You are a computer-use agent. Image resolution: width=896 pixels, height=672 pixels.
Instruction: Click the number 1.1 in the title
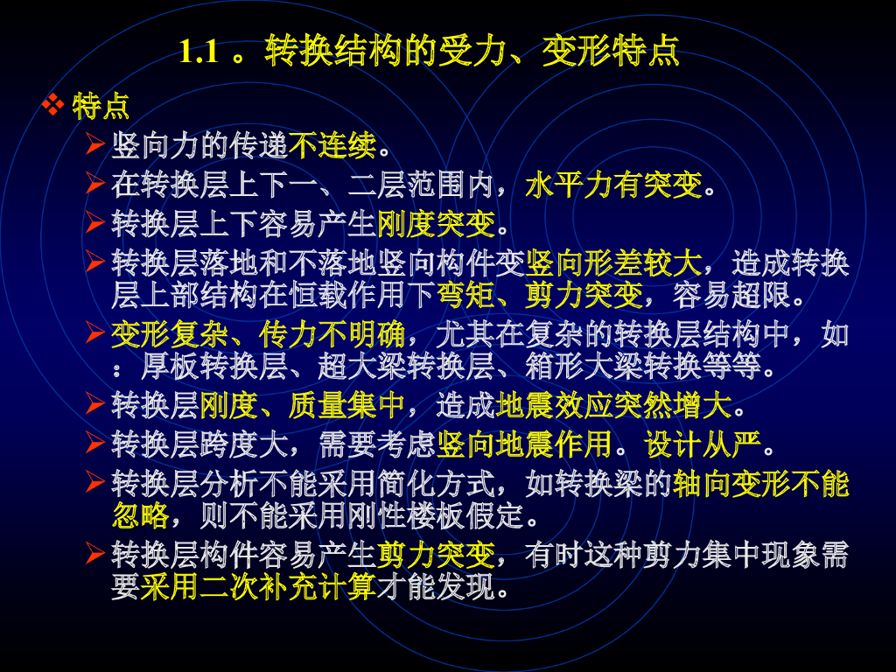(x=199, y=51)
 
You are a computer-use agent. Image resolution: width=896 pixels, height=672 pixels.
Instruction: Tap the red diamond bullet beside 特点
(x=53, y=105)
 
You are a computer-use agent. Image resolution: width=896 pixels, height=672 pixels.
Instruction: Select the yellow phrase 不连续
(x=332, y=146)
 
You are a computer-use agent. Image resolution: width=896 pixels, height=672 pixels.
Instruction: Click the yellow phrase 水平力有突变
(x=613, y=185)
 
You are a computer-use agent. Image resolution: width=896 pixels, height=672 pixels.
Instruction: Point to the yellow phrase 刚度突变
(x=436, y=223)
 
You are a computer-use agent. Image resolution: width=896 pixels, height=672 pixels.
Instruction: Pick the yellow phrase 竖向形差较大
(x=613, y=262)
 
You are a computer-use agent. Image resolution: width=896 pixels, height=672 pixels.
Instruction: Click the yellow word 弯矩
(x=465, y=295)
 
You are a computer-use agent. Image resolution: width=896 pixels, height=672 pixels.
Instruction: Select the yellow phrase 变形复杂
(x=170, y=334)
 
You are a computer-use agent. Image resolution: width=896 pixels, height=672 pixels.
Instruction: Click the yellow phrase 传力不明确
(x=332, y=334)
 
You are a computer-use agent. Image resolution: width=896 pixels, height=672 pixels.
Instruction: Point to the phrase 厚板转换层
(x=214, y=367)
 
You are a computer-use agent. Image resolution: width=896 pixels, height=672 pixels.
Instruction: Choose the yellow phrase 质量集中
(x=346, y=405)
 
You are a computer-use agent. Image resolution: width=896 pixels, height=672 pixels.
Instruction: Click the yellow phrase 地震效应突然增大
(x=613, y=405)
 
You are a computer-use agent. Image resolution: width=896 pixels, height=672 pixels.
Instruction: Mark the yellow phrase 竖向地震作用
(x=524, y=444)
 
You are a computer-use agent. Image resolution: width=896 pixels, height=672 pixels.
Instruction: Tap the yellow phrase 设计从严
(x=703, y=444)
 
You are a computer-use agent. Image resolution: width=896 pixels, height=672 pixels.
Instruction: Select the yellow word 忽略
(x=141, y=515)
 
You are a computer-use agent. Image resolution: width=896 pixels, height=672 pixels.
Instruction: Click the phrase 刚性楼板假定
(x=436, y=515)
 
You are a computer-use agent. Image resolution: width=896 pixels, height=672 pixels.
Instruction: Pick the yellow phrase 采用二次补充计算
(x=258, y=586)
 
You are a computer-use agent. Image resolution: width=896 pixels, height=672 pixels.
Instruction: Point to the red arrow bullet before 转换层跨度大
(x=95, y=443)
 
